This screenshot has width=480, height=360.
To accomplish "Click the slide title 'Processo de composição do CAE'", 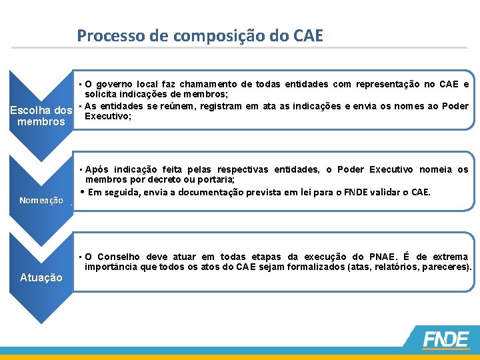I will pos(200,35).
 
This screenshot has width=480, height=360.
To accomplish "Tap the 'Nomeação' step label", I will pos(41,200).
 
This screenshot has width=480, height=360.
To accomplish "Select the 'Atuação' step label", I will pos(41,277).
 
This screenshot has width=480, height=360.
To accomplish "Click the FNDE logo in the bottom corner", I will pos(445,340).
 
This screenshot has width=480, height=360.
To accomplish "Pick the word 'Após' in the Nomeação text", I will pos(97,169).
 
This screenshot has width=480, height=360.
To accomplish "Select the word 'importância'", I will pos(108,267).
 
